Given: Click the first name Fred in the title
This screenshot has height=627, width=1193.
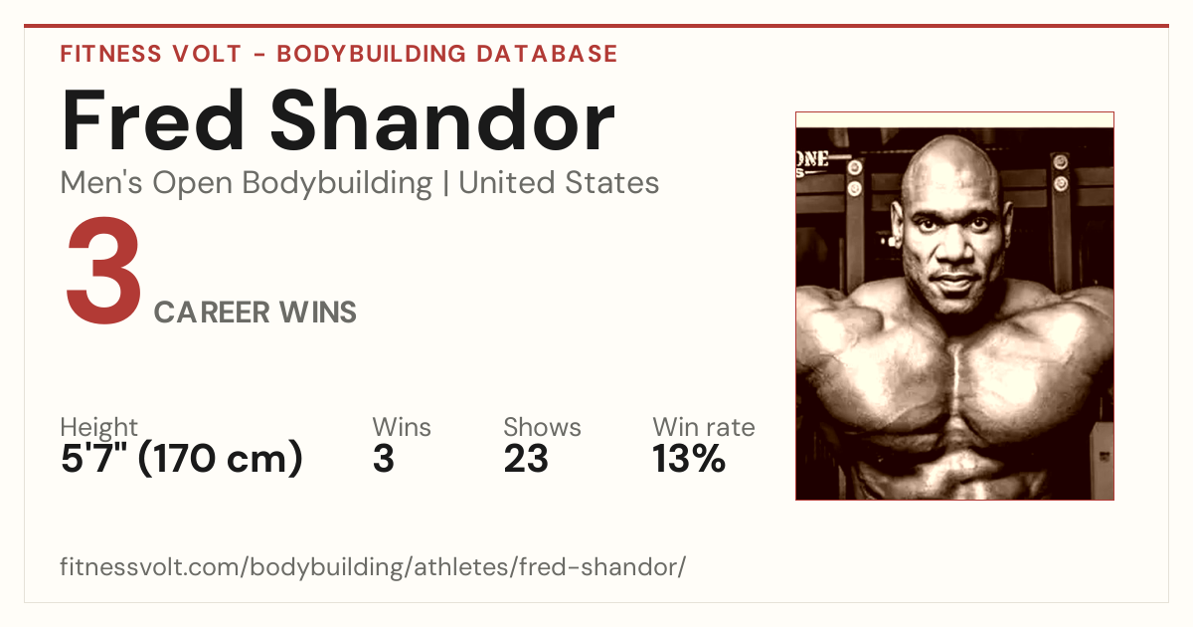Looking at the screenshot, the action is point(153,120).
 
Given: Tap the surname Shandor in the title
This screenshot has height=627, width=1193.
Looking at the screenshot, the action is point(443,120).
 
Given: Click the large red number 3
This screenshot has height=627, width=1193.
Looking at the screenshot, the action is point(103,270).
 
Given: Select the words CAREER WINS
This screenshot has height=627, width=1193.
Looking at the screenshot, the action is point(256,313).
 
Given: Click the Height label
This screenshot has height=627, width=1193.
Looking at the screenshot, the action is point(99,427).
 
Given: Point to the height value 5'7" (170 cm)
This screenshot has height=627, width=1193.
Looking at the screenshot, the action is point(182,459).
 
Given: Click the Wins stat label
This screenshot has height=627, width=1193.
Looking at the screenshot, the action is point(402,427).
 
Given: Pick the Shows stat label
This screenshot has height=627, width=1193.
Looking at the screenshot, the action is point(542,427).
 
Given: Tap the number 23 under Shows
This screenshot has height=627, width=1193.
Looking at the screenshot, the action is point(526,459).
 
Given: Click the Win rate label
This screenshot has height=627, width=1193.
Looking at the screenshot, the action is point(704,427).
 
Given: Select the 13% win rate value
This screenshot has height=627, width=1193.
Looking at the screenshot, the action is point(689,459).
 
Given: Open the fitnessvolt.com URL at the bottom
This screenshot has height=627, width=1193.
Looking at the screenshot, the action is point(373,566).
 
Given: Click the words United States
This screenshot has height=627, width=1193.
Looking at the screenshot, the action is point(559,183).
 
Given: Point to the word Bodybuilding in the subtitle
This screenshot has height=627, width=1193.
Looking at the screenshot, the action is point(337,184).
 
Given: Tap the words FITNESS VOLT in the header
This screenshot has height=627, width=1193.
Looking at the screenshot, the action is point(151,54).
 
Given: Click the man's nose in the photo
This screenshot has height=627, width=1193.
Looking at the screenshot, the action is point(953,248).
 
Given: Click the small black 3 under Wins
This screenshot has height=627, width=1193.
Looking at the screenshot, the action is point(384,459).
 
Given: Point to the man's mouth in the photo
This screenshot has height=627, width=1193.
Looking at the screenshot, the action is point(953,280).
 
